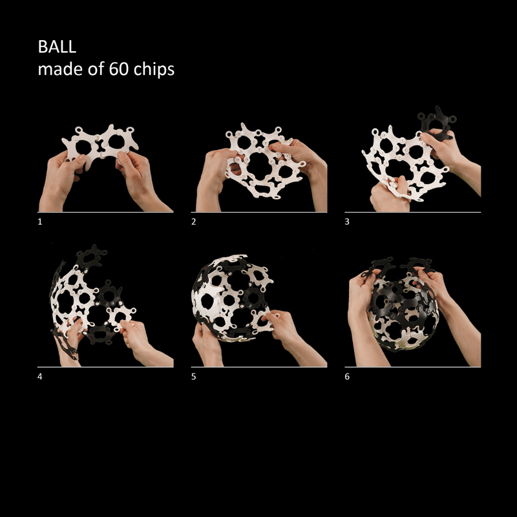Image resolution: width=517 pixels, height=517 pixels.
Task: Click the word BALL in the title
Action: pyautogui.click(x=57, y=47)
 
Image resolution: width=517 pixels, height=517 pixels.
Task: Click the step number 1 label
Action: pyautogui.click(x=40, y=222)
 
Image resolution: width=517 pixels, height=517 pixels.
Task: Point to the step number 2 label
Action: pyautogui.click(x=193, y=222)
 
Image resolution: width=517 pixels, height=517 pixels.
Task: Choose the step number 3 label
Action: pyautogui.click(x=347, y=222)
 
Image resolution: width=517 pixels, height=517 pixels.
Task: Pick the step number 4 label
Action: pyautogui.click(x=40, y=377)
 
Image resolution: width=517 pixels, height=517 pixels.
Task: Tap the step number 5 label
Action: pyautogui.click(x=193, y=377)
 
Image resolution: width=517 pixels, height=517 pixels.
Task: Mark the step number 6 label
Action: pyautogui.click(x=347, y=377)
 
